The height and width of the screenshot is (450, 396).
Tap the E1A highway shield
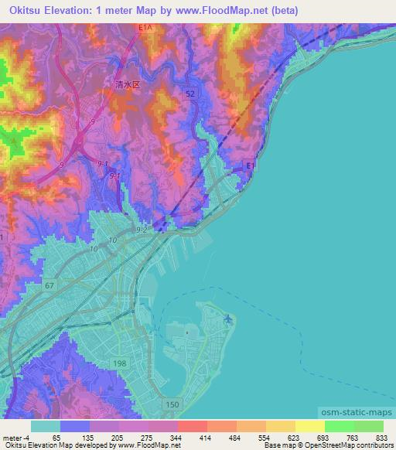[146, 27]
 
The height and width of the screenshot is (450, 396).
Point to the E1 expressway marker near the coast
[249, 165]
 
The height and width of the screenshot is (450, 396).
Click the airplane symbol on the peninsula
[227, 319]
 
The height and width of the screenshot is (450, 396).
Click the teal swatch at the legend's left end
[46, 425]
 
